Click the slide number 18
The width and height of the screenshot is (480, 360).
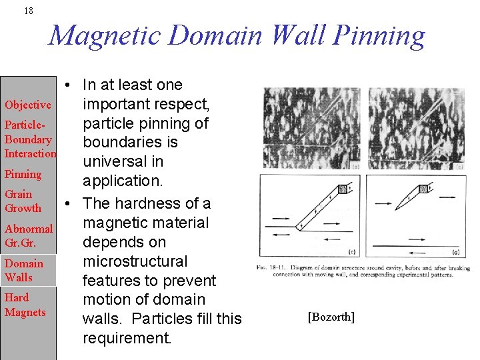28,11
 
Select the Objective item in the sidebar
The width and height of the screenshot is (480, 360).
28,105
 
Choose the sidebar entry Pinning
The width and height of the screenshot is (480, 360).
23,174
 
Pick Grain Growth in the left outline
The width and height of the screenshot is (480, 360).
23,201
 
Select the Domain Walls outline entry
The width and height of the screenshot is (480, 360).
24,271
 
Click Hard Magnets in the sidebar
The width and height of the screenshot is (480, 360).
25,305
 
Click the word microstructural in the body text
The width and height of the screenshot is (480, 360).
135,261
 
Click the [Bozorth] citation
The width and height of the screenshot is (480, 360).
331,317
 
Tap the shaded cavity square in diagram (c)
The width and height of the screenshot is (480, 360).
343,189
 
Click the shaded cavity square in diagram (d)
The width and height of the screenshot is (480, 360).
423,189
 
